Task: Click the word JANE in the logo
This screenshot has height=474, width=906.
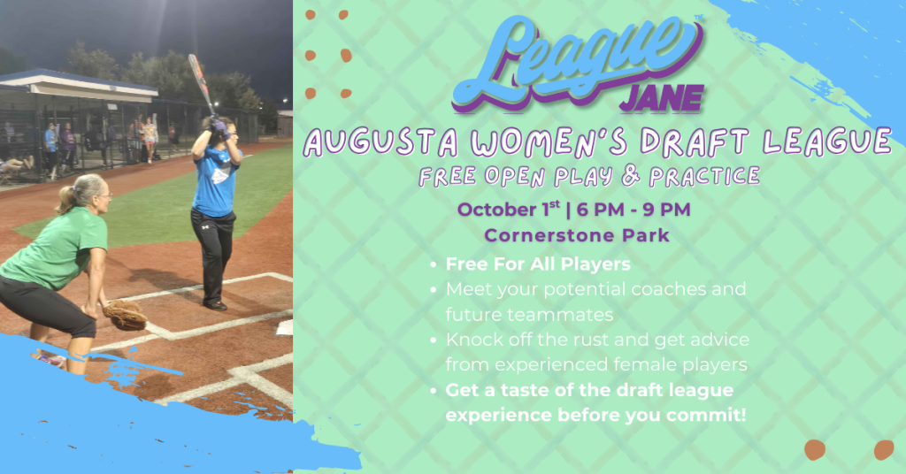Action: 661,97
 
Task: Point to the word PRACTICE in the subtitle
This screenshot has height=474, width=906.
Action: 704,176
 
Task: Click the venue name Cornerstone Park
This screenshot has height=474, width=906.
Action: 579,236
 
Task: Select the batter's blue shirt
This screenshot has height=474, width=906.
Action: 214,180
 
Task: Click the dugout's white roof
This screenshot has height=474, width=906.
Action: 80,84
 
